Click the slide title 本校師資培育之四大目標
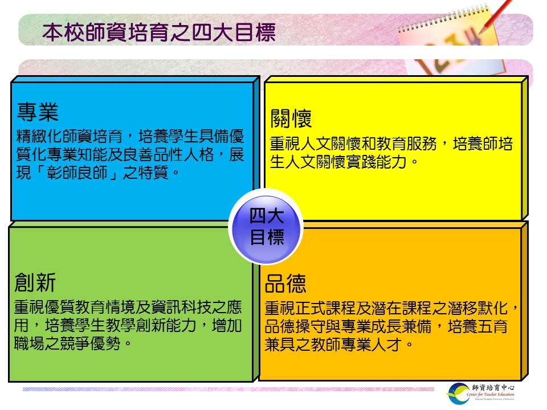point(159,32)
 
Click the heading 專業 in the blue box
point(38,112)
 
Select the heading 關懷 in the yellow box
point(291,118)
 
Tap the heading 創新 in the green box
point(35,282)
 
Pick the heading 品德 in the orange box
point(285,284)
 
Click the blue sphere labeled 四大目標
point(266,227)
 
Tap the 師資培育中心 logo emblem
point(459,393)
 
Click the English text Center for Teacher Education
point(490,394)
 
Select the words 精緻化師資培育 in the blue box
point(70,136)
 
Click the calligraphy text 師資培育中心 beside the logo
point(493,387)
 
